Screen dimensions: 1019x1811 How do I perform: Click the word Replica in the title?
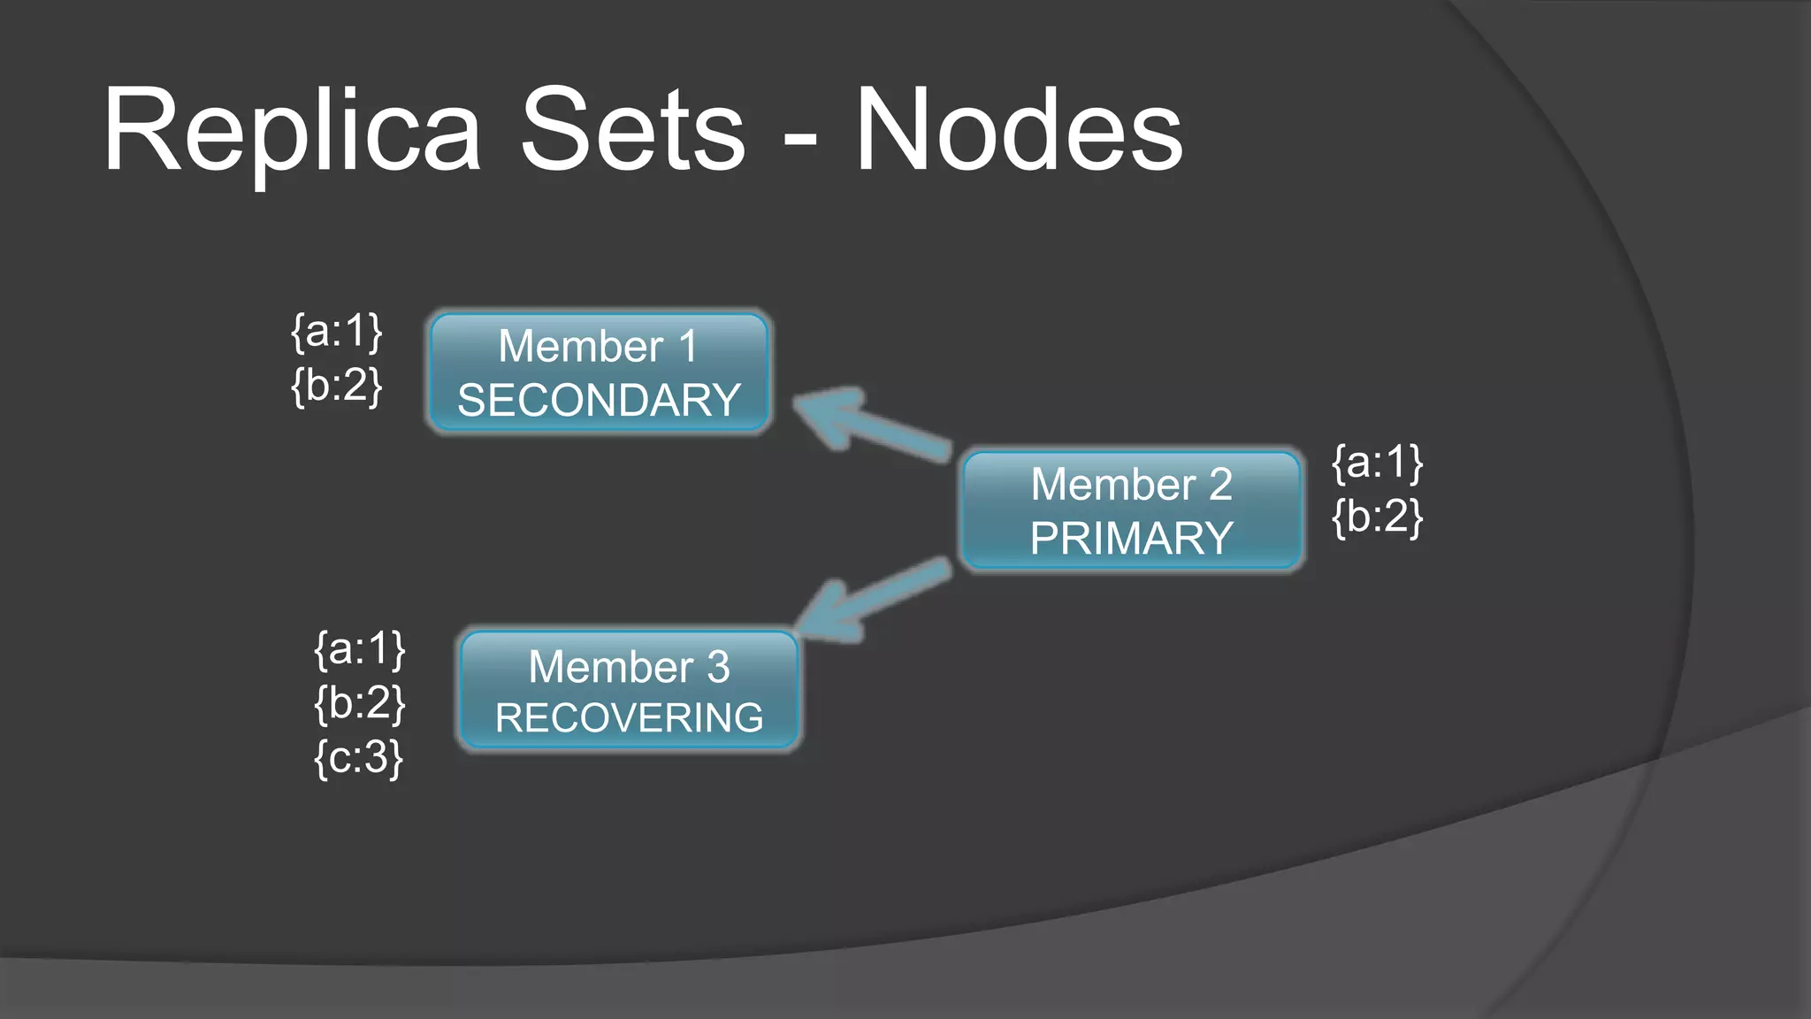[292, 131]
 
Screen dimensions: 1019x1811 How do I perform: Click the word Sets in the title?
[633, 131]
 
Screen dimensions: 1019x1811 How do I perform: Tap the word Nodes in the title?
[1019, 131]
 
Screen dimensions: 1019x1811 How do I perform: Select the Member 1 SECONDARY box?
[600, 372]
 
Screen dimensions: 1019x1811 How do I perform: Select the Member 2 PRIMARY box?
[1131, 510]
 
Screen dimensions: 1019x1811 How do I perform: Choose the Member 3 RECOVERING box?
[629, 690]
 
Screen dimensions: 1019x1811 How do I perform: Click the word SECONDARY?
[600, 401]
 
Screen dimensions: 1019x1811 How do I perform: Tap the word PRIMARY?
[1131, 539]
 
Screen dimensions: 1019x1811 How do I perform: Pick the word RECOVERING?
[629, 717]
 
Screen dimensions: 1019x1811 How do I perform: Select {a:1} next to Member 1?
[337, 331]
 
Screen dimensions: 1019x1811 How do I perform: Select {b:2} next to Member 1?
[337, 386]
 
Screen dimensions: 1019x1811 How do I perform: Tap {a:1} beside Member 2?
[1378, 462]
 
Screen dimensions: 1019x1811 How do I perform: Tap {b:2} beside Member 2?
[1378, 517]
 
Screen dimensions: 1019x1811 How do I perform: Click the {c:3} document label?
[359, 758]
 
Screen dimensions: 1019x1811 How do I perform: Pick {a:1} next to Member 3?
[360, 648]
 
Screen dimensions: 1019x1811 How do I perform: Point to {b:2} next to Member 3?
[360, 703]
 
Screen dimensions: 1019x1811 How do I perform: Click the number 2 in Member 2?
[1220, 485]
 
